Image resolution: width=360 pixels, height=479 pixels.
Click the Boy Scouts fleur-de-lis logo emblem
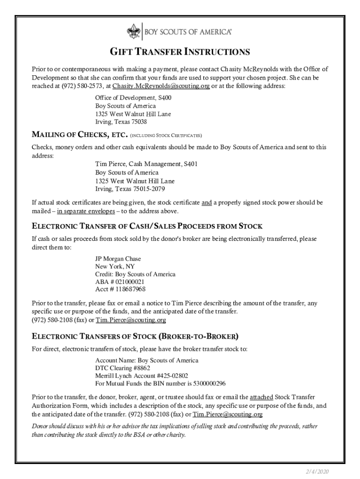tap(133, 32)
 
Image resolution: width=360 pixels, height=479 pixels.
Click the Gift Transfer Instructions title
tap(180, 51)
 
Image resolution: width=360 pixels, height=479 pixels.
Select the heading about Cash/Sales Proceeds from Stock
tap(147, 226)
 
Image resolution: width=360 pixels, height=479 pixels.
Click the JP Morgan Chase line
tap(118, 259)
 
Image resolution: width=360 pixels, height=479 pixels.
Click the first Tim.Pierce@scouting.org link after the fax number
tap(131, 320)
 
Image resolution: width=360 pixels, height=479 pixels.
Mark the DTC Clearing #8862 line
tap(122, 368)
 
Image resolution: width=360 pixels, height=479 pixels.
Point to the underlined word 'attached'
tap(261, 398)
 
